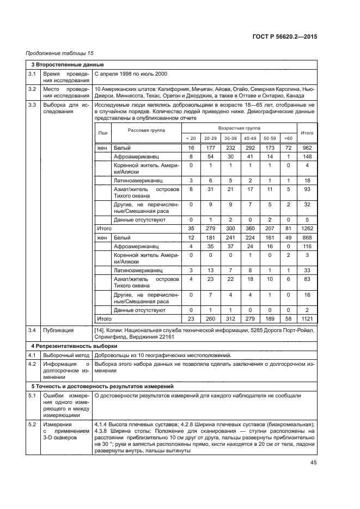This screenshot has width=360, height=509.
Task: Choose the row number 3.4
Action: (x=33, y=329)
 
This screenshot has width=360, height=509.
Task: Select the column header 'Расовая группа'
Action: (x=146, y=130)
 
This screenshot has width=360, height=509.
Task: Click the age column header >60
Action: (x=288, y=138)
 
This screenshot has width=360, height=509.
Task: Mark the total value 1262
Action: (x=307, y=229)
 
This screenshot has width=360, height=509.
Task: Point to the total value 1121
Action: (x=307, y=318)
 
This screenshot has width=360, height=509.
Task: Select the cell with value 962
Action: (x=307, y=148)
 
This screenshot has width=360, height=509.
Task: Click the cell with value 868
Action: (x=307, y=237)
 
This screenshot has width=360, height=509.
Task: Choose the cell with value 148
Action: (x=307, y=156)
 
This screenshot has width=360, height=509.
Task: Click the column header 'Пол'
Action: (x=102, y=133)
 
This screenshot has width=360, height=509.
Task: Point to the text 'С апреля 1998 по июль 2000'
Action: (x=131, y=73)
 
